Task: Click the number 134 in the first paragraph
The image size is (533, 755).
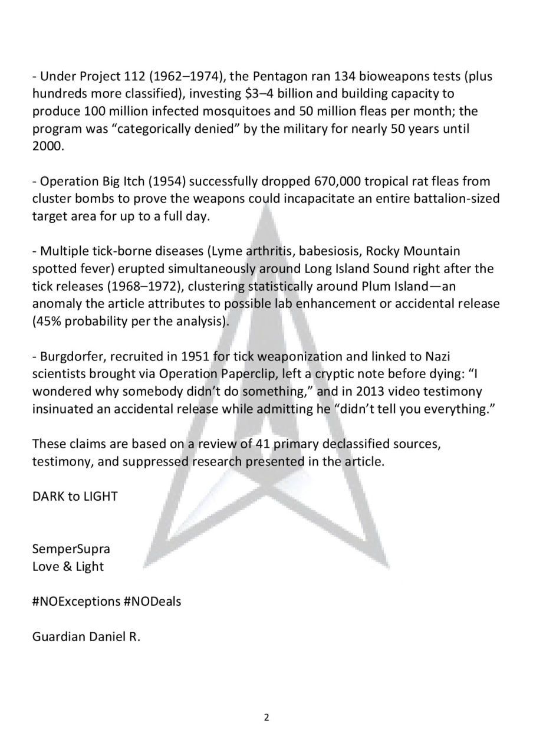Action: pos(346,76)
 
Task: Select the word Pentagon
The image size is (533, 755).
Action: pos(269,76)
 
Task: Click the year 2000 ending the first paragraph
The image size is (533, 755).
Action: pos(46,146)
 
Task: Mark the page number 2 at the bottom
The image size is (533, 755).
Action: pos(266,718)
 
